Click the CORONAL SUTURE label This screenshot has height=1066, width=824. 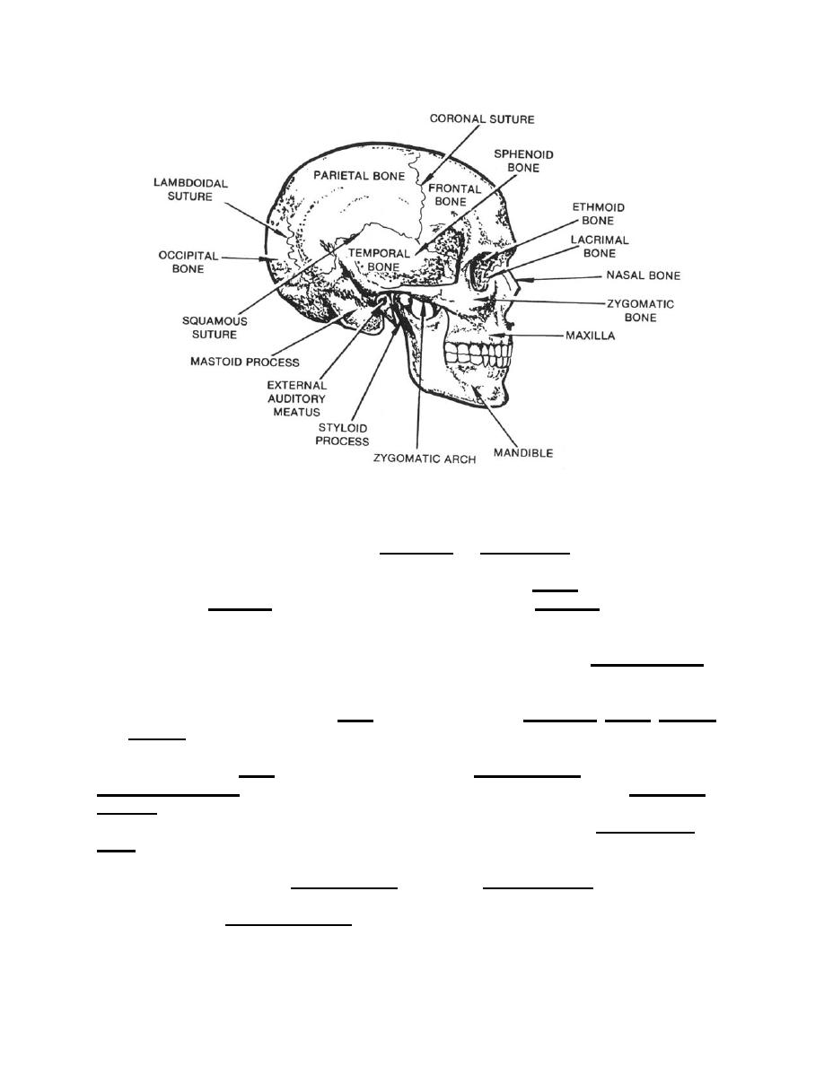481,119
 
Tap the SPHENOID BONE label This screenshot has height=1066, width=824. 523,162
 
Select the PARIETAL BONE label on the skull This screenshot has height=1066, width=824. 358,175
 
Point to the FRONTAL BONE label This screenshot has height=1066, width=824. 454,195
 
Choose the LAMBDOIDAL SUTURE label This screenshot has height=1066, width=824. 190,189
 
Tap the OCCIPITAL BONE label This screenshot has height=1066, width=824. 188,262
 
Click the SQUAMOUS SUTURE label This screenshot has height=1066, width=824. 215,328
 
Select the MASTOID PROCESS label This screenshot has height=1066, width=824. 245,362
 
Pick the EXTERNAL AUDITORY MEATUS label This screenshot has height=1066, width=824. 296,398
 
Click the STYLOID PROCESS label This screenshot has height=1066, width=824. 343,434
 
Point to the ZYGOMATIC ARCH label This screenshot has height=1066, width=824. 425,459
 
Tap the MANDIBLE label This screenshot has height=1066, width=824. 522,453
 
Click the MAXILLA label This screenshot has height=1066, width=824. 590,336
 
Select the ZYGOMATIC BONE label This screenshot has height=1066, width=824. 640,310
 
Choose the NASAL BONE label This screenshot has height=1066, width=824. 644,275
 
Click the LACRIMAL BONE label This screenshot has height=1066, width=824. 600,247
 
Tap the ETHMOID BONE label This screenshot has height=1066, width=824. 599,214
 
